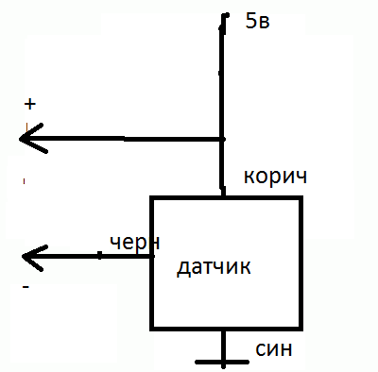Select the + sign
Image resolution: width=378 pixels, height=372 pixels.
coord(29,104)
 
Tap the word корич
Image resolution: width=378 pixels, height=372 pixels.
coord(275,177)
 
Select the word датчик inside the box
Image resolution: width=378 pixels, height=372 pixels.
coord(214,266)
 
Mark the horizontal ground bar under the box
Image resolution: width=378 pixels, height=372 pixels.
coord(223,363)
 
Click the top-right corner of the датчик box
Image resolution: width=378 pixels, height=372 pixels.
coord(301,198)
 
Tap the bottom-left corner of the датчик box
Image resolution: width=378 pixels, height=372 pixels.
coord(152,329)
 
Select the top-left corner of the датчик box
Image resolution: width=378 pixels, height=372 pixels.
coord(152,198)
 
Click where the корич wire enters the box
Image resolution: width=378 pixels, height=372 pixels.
coord(224,196)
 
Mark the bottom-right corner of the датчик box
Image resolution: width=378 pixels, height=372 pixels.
coord(301,329)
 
